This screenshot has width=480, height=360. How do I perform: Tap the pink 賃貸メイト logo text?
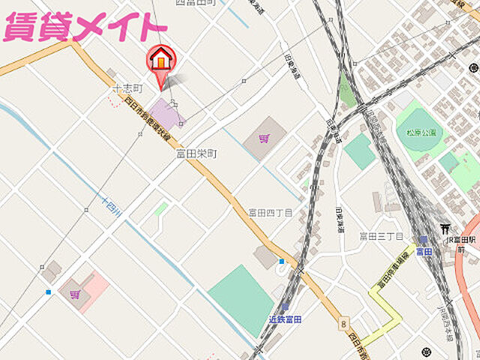(83, 28)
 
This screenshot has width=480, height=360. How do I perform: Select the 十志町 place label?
(126, 89)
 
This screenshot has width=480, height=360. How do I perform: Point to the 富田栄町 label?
(196, 153)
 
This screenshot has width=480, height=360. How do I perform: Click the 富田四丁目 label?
(267, 213)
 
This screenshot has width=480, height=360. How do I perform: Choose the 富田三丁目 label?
(382, 236)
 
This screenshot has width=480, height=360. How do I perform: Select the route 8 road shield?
(343, 323)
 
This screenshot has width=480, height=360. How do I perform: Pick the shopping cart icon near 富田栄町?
(263, 138)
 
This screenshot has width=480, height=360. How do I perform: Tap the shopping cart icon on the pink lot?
(74, 294)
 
